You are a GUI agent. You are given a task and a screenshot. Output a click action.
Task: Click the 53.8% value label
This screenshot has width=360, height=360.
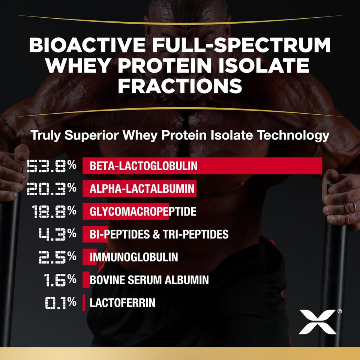[51, 166]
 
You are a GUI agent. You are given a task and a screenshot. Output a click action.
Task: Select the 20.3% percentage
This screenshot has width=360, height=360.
[51, 189]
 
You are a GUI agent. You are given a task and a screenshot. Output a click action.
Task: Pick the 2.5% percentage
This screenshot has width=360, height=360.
[57, 257]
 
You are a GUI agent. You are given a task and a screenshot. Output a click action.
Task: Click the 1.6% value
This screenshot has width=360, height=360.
[60, 280]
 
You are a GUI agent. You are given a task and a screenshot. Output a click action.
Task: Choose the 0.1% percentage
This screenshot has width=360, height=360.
[60, 303]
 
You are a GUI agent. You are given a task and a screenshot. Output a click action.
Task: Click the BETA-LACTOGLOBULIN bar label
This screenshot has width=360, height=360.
[143, 166]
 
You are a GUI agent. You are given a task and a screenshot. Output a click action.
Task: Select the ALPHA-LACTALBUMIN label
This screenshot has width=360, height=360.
[142, 189]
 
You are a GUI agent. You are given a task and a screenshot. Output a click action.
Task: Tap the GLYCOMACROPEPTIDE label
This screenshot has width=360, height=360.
[143, 211]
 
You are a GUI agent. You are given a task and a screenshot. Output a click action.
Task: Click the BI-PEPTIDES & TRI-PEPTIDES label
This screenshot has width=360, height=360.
[159, 234]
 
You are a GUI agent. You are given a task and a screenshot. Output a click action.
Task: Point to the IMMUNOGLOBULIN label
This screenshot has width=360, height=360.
[133, 257]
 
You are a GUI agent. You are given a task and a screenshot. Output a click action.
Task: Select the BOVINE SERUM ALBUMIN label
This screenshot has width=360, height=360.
[149, 280]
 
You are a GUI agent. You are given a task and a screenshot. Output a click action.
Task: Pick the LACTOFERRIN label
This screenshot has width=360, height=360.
[122, 303]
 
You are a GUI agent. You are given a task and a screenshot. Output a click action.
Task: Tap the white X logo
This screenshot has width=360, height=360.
[317, 322]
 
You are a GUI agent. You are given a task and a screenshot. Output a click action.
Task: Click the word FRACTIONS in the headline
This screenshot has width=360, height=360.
[180, 85]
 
